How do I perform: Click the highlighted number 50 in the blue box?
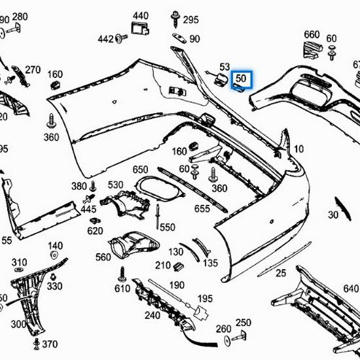tap(241, 79)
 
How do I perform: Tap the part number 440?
tap(141, 15)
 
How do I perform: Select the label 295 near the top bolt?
tap(190, 20)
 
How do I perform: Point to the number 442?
tap(105, 39)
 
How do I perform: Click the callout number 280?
tap(20, 16)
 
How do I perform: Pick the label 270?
tap(33, 69)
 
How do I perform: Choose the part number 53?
tap(225, 67)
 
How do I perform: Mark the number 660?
tap(312, 35)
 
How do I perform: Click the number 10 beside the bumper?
tap(298, 149)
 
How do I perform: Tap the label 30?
tap(333, 215)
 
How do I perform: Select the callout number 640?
tap(351, 288)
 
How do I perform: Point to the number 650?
tap(141, 170)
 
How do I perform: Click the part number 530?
tap(116, 185)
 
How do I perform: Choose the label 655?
tap(202, 209)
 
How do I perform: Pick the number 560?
tap(103, 258)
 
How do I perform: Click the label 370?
tap(50, 345)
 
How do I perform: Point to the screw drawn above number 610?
tap(122, 273)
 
